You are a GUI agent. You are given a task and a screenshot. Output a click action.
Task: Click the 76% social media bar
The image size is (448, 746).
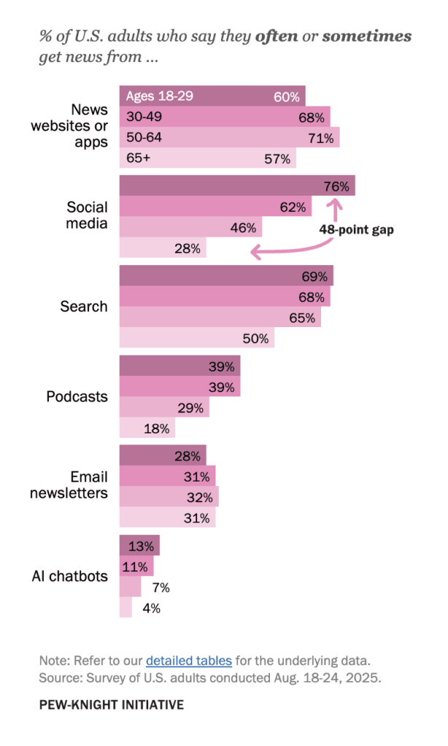tap(236, 186)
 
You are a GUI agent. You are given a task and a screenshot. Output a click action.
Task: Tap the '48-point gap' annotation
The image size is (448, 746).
tap(356, 229)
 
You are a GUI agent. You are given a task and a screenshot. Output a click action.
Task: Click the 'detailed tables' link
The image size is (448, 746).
tap(188, 661)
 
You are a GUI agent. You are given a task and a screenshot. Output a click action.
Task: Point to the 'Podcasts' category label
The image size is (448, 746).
tap(77, 397)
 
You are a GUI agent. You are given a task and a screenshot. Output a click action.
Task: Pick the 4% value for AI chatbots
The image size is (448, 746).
tap(151, 608)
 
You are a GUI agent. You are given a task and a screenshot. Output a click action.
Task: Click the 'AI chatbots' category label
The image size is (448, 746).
tap(69, 576)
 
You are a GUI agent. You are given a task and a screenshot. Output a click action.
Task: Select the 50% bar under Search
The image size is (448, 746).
tap(196, 338)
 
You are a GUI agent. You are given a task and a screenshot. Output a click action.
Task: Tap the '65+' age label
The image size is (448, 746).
tap(138, 158)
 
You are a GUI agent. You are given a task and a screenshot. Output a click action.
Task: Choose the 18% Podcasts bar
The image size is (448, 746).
tap(147, 428)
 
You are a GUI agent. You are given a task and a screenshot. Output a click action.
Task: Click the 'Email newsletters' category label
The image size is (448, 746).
tap(69, 485)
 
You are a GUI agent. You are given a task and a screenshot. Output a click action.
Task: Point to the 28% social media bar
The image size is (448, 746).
tap(162, 248)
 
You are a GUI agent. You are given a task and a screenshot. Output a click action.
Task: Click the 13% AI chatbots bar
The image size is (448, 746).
tap(139, 546)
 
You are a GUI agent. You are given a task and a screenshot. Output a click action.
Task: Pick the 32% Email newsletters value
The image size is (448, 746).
tap(198, 498)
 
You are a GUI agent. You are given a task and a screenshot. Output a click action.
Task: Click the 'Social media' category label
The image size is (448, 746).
tap(88, 215)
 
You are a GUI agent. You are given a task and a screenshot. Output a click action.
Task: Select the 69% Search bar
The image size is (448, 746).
tap(225, 277)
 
